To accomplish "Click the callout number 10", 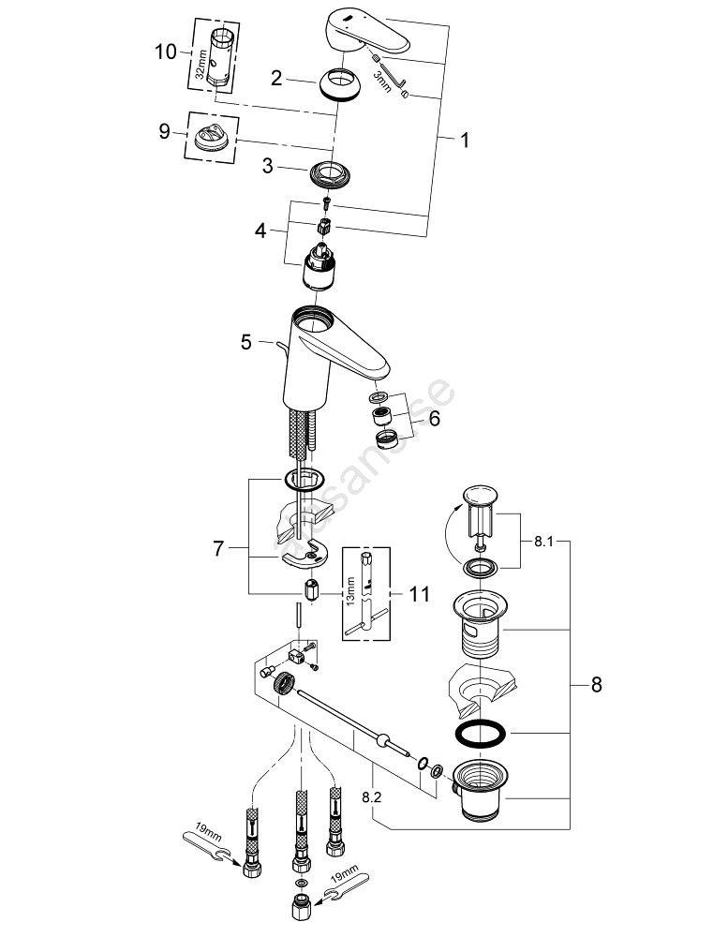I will tap(165, 52).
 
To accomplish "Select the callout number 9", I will tap(165, 131).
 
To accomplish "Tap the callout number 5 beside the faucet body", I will tap(245, 342).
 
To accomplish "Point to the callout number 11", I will tap(420, 593).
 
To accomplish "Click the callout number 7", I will tap(218, 548).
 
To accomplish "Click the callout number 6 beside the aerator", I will tap(433, 419).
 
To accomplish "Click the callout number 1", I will tap(464, 140).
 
